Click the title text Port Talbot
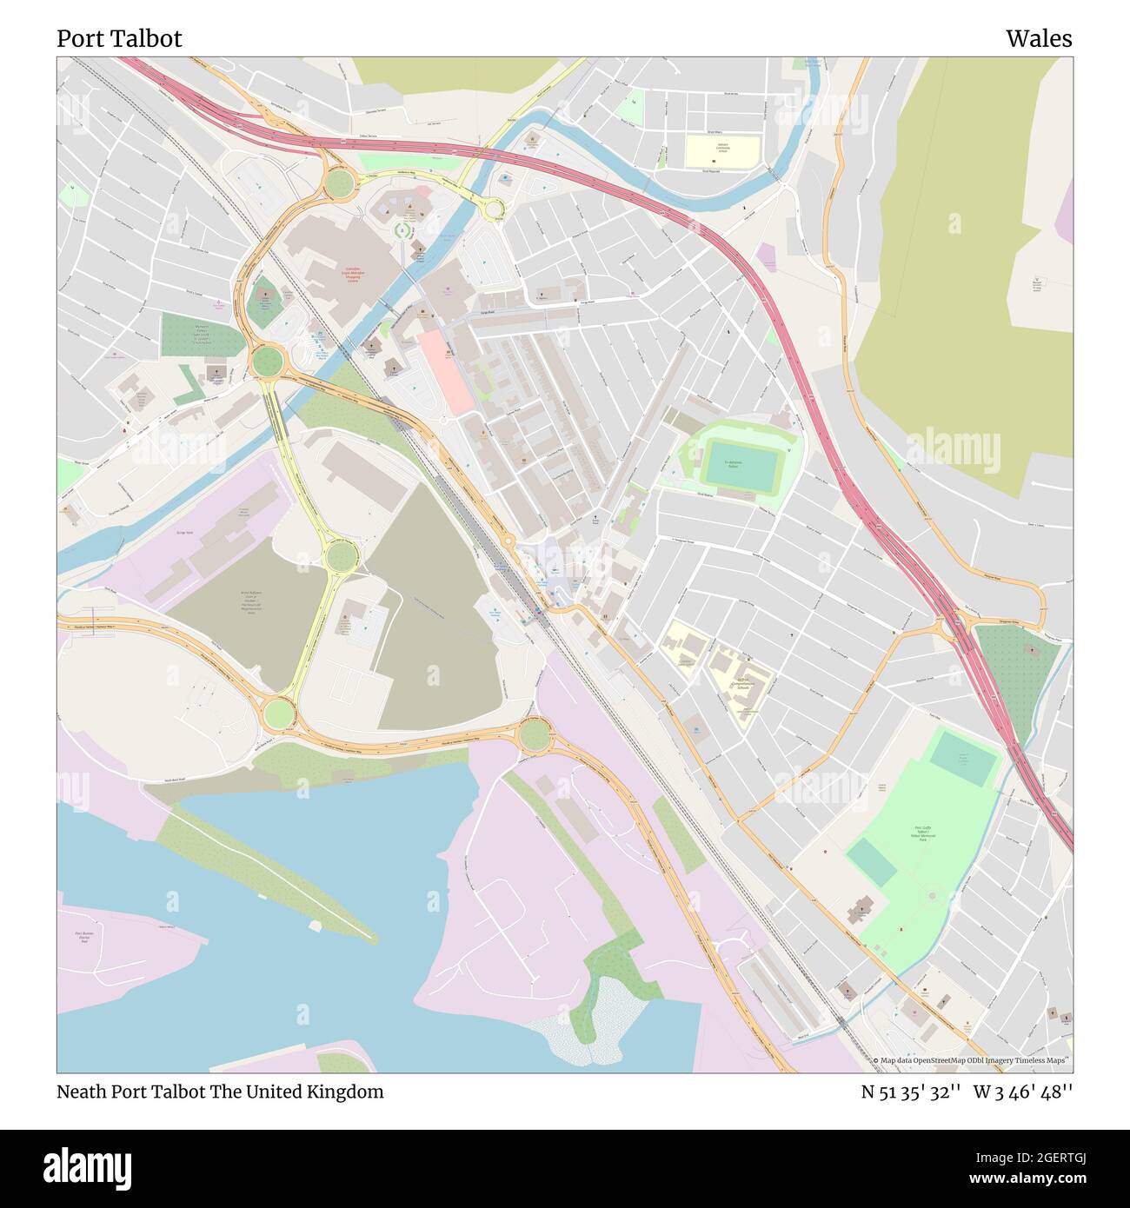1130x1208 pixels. [119, 39]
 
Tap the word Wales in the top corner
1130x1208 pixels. [1039, 39]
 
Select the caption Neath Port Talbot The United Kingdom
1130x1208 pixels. [220, 1092]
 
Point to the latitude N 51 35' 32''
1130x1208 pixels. [910, 1092]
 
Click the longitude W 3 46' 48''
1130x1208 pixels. [1023, 1092]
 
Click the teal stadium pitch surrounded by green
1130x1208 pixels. [738, 464]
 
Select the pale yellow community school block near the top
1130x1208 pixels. [721, 151]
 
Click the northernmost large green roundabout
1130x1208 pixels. [339, 183]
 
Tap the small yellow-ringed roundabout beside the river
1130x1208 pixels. [494, 209]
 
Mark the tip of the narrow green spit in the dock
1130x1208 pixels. [374, 939]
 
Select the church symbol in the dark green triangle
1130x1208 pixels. [1032, 650]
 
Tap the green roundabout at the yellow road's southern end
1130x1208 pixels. [279, 714]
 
